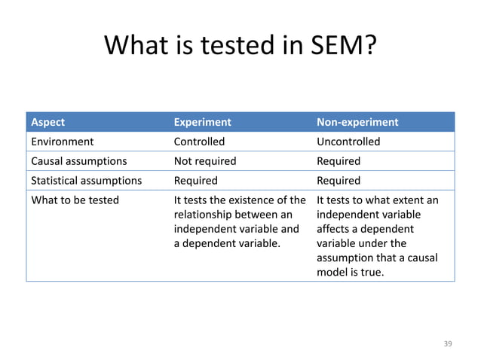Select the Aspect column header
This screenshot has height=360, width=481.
coord(47,122)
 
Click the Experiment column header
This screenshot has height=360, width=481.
coord(202,122)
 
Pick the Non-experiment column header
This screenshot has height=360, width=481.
coord(357,122)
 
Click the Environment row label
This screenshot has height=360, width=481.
coord(62,142)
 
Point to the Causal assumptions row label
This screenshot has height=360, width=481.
coord(78,161)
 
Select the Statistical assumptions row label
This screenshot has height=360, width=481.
coord(86,181)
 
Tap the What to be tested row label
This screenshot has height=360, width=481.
coord(74,200)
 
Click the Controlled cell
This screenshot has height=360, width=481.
coord(199,142)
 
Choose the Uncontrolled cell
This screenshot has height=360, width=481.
coord(348,142)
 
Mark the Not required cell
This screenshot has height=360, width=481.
coord(205,161)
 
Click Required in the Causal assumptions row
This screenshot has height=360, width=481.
coord(339,161)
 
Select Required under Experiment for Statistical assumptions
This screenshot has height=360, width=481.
coord(196,181)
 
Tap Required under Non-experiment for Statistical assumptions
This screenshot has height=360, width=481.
coord(339,181)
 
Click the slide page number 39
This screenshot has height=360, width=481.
coord(448,343)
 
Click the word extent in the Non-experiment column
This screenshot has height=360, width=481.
coord(409,200)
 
